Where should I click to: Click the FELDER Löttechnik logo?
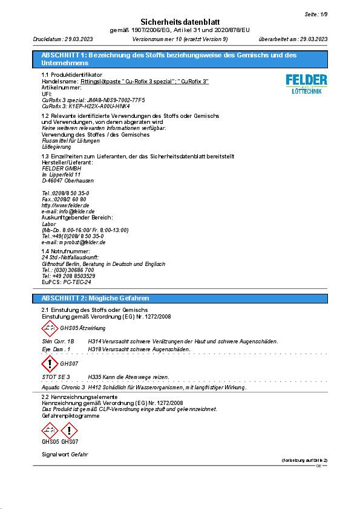(x=306, y=83)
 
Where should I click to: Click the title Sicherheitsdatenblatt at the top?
(x=179, y=21)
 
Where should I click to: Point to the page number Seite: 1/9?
(x=315, y=13)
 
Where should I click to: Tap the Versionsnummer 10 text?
(x=180, y=39)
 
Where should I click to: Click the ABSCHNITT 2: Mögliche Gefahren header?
(x=95, y=298)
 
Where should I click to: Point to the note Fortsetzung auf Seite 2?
(x=304, y=461)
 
